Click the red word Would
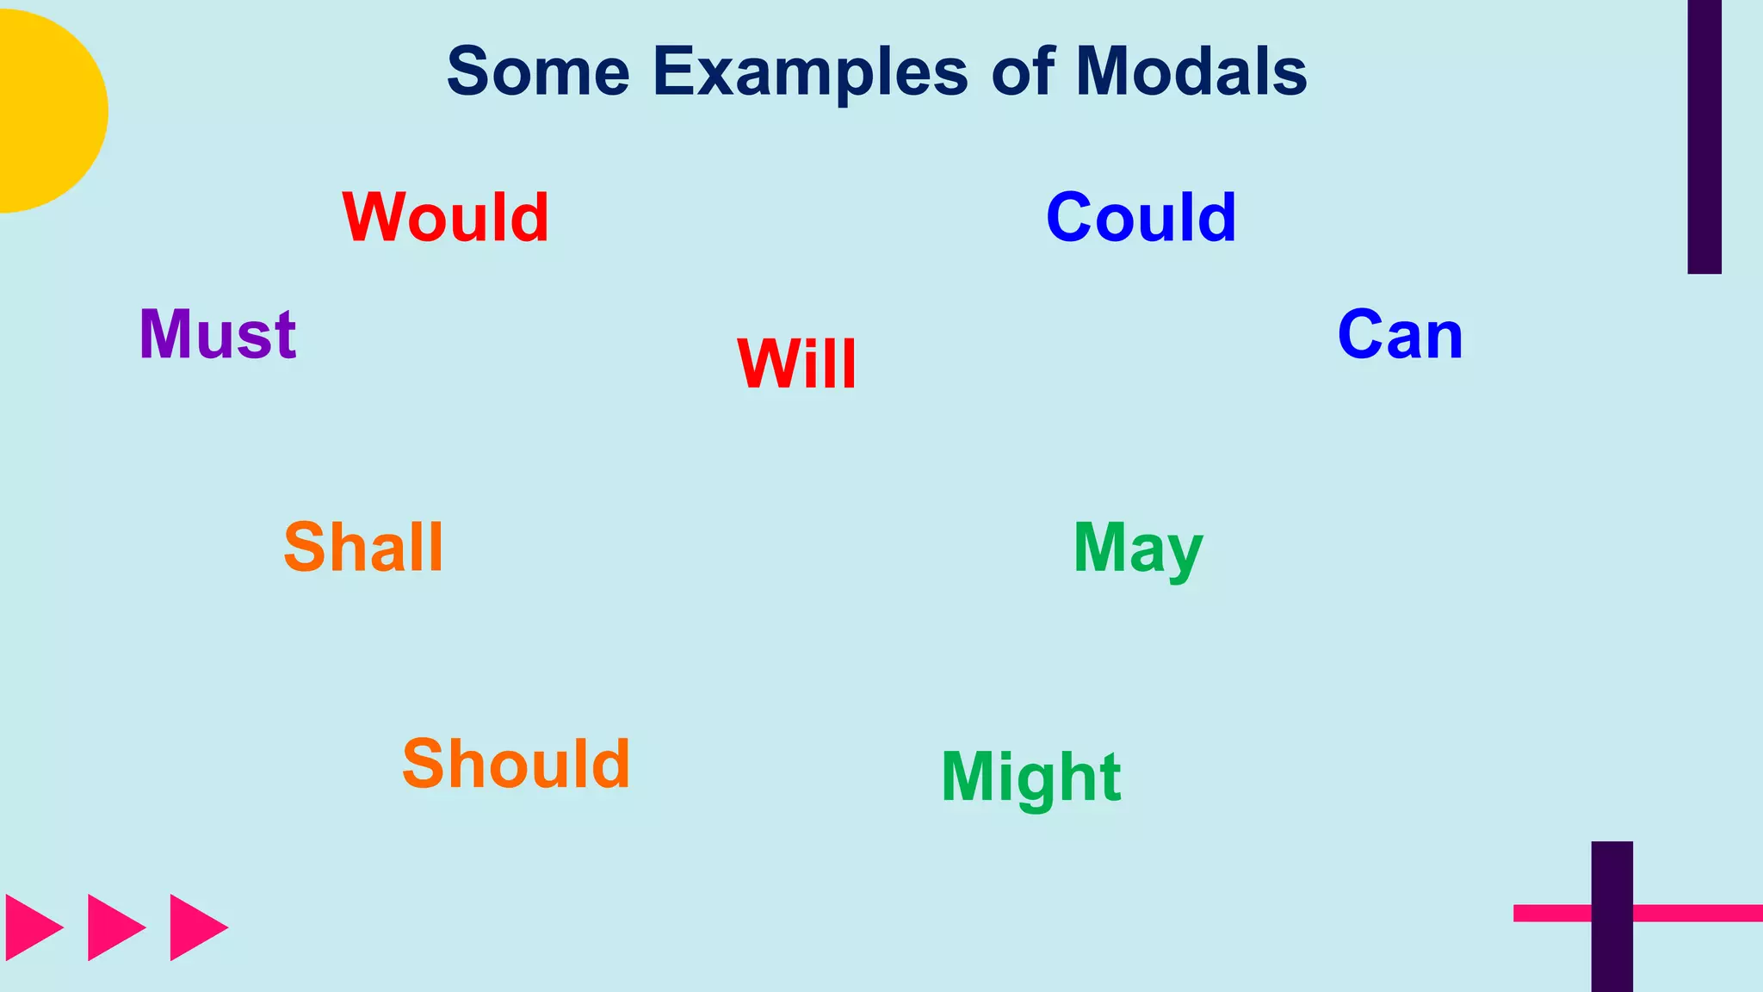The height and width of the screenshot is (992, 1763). click(x=445, y=217)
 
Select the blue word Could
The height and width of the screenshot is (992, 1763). click(x=1141, y=217)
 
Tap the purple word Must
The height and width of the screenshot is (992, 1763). click(x=218, y=334)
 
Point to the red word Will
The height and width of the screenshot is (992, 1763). click(x=797, y=364)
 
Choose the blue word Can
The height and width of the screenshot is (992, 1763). click(x=1401, y=335)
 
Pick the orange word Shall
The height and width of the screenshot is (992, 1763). click(x=363, y=548)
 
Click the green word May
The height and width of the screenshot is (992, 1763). click(x=1138, y=549)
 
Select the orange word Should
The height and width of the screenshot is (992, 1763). click(x=517, y=764)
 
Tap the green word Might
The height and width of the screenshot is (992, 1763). click(x=1031, y=778)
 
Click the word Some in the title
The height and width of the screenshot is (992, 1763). click(x=538, y=71)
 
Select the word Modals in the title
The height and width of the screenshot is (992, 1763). click(x=1191, y=71)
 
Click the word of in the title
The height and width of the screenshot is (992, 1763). click(x=1024, y=71)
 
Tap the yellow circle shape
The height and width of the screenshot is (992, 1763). click(x=47, y=111)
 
